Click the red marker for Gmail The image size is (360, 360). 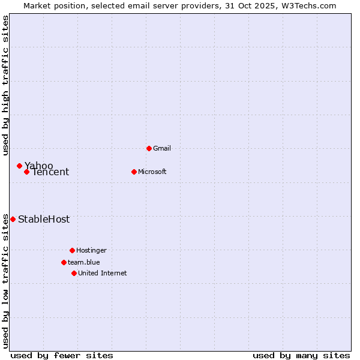tap(149, 148)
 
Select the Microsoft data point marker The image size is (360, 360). tap(134, 172)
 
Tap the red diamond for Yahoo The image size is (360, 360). tap(19, 166)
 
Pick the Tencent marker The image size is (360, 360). tap(26, 172)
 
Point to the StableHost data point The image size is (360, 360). tap(13, 219)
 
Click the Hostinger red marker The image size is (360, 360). tap(72, 250)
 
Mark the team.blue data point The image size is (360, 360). tap(64, 262)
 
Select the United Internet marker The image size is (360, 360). tap(74, 273)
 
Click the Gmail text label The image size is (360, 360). tap(162, 148)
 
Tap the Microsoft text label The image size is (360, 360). tap(152, 172)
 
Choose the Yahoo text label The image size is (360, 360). tap(39, 166)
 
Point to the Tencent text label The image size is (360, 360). tap(50, 172)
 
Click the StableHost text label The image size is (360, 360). tap(44, 219)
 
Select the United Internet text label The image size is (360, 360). tap(103, 273)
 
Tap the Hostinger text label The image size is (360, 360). tap(91, 250)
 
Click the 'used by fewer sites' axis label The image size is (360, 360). tap(62, 355)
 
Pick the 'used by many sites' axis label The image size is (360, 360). tap(301, 355)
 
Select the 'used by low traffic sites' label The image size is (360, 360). tap(6, 280)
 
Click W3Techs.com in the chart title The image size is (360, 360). tap(306, 5)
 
